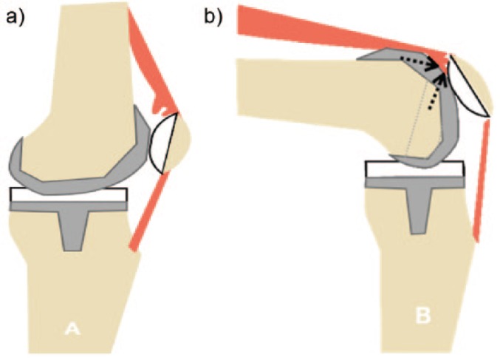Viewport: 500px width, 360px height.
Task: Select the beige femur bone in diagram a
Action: pos(81,74)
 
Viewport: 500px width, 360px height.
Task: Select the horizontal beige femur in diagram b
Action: pos(310,85)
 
